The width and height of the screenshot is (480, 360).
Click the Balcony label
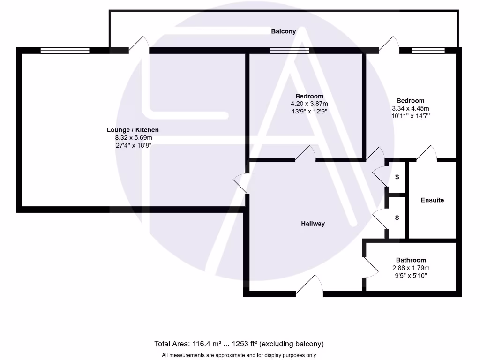click(x=284, y=31)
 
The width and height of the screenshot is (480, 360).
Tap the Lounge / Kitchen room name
click(x=133, y=130)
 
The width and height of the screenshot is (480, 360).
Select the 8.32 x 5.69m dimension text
click(x=134, y=138)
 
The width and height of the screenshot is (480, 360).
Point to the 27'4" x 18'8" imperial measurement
click(x=134, y=145)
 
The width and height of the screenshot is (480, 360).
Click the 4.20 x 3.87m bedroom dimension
click(x=309, y=104)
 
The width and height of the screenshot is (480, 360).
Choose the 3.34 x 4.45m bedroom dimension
click(x=411, y=108)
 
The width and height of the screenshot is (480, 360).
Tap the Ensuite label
click(x=432, y=200)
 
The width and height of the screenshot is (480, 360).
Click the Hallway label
click(x=313, y=224)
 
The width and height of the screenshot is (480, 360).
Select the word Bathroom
click(x=411, y=260)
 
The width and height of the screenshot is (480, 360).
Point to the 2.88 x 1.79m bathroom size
click(x=411, y=268)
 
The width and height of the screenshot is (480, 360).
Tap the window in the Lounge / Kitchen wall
click(x=65, y=51)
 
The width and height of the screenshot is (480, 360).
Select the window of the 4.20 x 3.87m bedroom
click(x=289, y=51)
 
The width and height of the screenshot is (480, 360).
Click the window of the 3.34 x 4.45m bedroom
click(x=428, y=51)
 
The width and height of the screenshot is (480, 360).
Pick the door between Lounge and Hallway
click(x=241, y=183)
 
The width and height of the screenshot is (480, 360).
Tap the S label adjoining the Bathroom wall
click(x=397, y=218)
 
